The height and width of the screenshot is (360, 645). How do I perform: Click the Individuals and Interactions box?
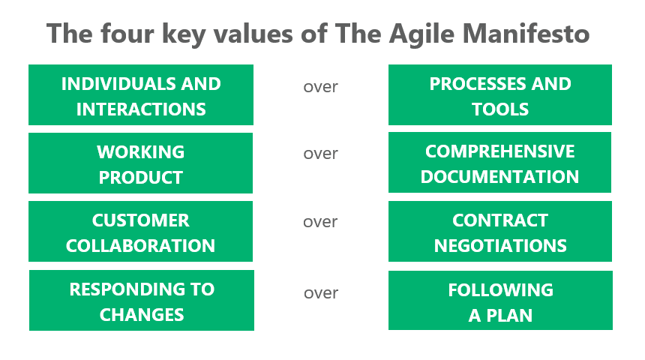point(141,95)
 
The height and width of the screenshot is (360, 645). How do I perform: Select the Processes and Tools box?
point(500,95)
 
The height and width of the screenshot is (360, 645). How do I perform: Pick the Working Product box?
point(141,163)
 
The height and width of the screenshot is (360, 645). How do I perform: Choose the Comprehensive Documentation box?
point(500,163)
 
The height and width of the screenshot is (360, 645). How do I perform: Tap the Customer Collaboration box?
point(141,232)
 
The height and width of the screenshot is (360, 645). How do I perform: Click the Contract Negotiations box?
point(500,232)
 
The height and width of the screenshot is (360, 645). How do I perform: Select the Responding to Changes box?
point(141,301)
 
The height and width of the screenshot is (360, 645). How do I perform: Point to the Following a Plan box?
point(500,301)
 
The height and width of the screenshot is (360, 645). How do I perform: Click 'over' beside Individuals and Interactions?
point(320,87)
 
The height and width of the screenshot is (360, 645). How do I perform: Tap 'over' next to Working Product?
point(320,154)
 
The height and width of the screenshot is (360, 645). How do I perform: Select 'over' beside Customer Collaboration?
point(320,222)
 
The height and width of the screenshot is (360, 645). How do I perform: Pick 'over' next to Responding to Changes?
point(320,293)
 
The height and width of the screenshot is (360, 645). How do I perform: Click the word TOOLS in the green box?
point(500,109)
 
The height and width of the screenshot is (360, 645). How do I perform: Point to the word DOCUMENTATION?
point(500,177)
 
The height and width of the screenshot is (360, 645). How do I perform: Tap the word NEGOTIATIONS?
point(500,246)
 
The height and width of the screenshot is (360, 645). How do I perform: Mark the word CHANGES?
point(142,315)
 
